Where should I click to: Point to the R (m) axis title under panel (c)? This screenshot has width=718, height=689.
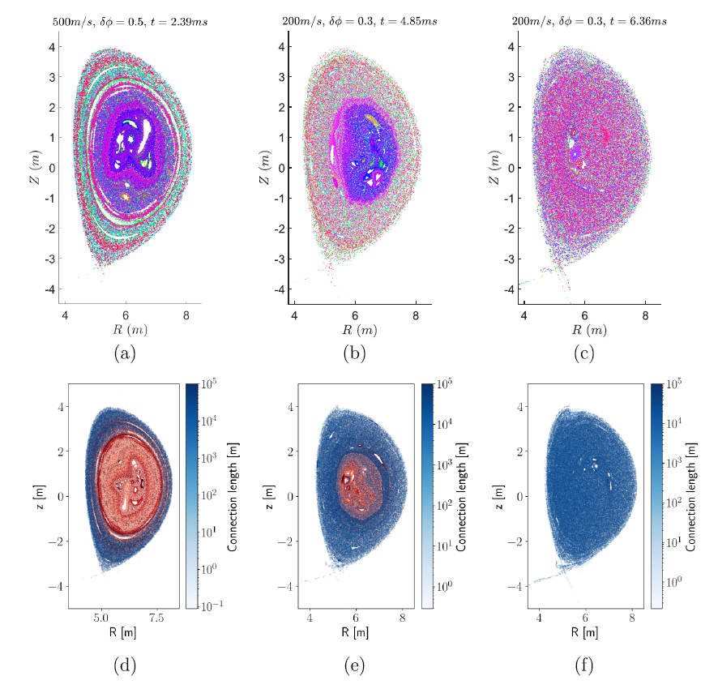pyautogui.click(x=588, y=330)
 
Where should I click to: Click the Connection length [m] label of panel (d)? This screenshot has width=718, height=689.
pyautogui.click(x=233, y=496)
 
